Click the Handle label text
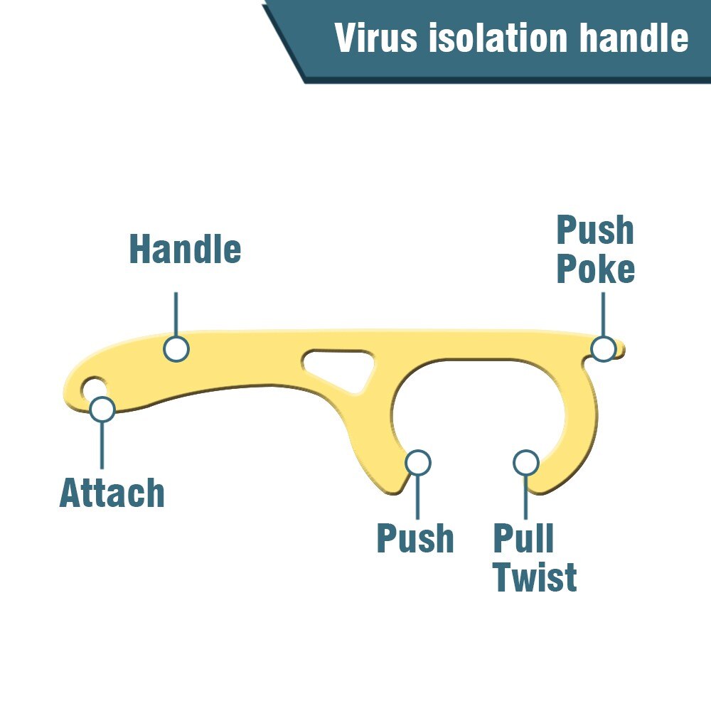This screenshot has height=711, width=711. [x=185, y=250]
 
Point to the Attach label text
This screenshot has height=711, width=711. [x=112, y=493]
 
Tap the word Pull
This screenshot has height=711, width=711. [x=523, y=538]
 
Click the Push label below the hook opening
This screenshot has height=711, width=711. [x=415, y=538]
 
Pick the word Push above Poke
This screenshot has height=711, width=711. [x=595, y=231]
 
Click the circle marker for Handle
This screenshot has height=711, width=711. [x=176, y=349]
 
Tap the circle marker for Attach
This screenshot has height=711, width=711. [x=102, y=409]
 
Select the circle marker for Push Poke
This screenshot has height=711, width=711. [x=603, y=348]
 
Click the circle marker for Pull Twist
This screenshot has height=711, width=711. [x=525, y=462]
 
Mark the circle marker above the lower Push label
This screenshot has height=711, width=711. [x=418, y=462]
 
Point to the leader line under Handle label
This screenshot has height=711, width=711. [x=176, y=313]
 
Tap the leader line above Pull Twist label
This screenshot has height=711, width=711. [x=525, y=496]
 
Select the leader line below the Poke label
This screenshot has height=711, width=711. [x=603, y=313]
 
